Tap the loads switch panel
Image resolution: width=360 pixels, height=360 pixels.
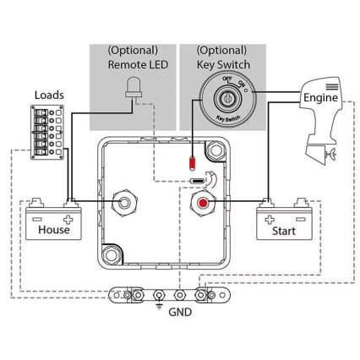(x=46, y=132)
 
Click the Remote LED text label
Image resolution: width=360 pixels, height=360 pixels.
(x=137, y=63)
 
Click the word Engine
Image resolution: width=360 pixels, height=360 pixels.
(x=319, y=98)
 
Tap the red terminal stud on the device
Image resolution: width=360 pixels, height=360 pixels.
(x=203, y=203)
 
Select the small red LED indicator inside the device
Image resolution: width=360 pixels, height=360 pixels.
(x=193, y=161)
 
